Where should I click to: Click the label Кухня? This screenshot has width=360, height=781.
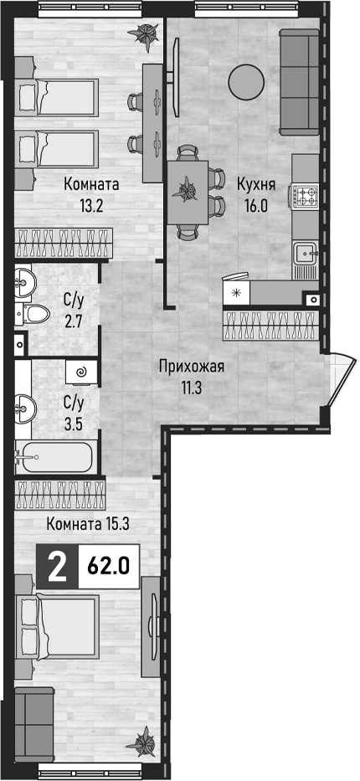256,186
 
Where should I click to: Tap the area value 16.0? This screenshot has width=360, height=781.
256,206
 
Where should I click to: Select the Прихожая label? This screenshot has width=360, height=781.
192,367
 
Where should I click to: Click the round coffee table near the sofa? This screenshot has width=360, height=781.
246,81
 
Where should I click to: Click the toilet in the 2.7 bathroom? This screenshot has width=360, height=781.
33,313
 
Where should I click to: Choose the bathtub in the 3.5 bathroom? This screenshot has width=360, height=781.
54,456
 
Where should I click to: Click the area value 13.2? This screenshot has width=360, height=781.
90,206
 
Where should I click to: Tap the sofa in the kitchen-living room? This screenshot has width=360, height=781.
299,82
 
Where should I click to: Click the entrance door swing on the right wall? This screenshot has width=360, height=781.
341,378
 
